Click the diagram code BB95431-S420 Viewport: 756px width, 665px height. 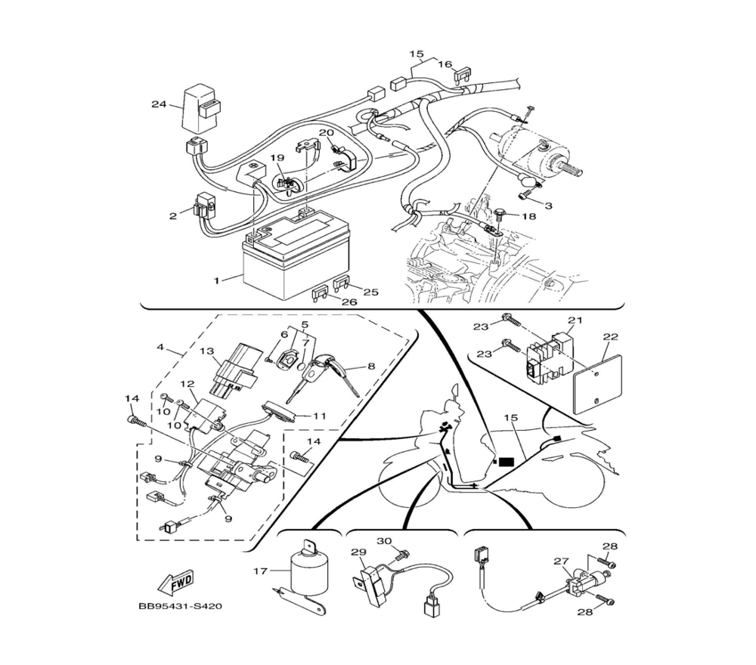coord(181,606)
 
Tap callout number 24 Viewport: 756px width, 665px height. coord(159,104)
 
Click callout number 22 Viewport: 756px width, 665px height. coord(610,336)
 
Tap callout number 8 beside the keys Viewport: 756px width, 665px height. coord(370,367)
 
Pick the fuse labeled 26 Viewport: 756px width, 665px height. coord(321,293)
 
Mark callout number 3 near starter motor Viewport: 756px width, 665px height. coord(548,206)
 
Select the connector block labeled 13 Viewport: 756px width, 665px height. coord(232,367)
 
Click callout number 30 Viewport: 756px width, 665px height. coord(384,540)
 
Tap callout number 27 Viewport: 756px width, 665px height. coord(561,561)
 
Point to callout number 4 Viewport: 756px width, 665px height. coord(160,346)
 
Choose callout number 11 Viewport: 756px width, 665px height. coord(319,416)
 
